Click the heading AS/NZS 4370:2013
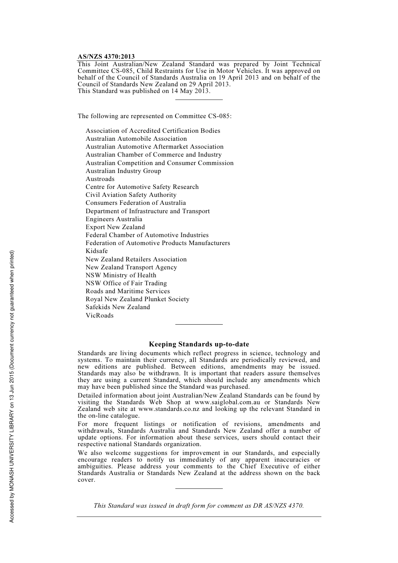tap(106, 57)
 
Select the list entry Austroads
tap(100, 179)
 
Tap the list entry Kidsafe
tap(96, 251)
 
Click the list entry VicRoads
tap(99, 315)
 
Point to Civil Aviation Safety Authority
tap(131, 195)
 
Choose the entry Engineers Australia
tap(114, 219)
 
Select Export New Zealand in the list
tap(115, 227)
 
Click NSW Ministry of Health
tap(121, 275)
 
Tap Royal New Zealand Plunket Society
tap(137, 299)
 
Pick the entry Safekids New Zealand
tap(117, 307)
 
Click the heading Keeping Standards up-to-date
tap(199, 344)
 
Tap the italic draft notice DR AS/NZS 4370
tap(278, 506)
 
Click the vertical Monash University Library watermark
tap(12, 386)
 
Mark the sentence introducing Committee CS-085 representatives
tap(154, 116)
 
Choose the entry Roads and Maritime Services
tap(127, 291)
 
